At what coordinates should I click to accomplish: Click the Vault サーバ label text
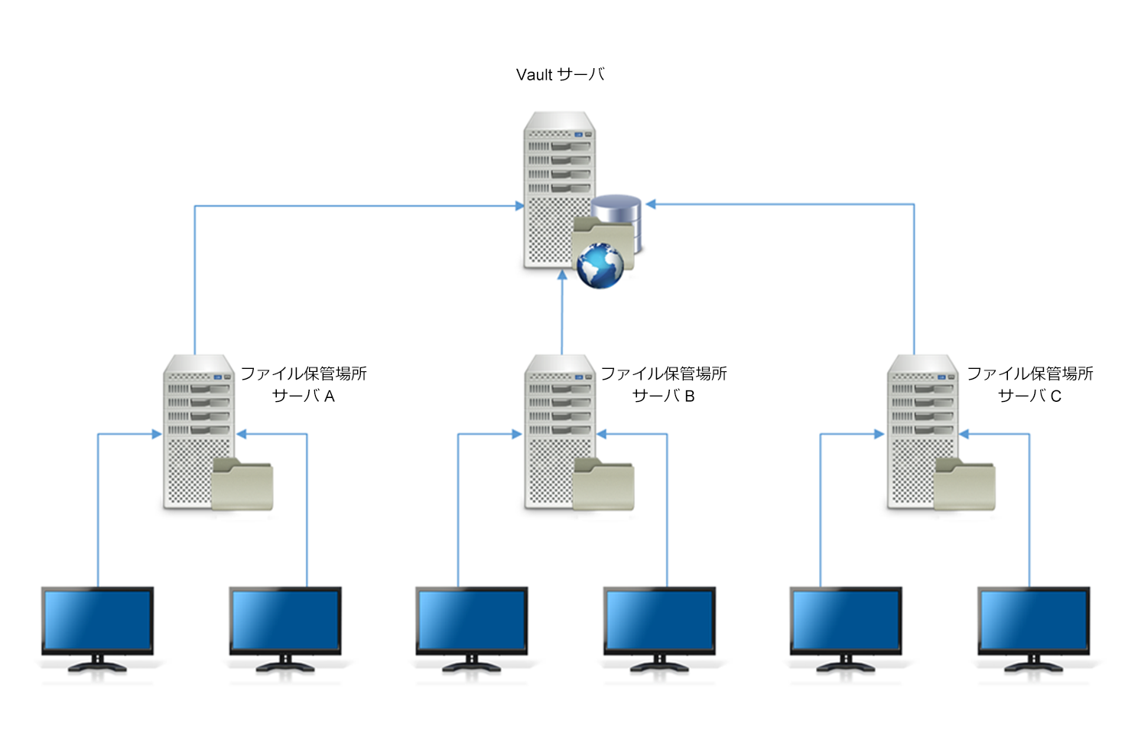coord(560,75)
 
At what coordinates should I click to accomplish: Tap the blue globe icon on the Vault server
coord(600,266)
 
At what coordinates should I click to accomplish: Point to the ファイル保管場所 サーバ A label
coord(304,384)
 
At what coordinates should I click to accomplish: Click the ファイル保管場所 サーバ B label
coord(664,384)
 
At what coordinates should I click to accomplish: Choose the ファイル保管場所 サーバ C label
coord(1029,384)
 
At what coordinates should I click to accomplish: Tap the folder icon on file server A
coord(242,485)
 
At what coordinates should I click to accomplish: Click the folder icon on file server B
coord(604,485)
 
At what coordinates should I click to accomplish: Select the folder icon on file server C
coord(965,485)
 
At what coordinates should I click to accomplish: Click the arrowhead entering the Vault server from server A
coord(519,206)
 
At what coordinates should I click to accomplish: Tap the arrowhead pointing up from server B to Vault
coord(562,275)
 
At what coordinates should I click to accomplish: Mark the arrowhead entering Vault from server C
coord(651,204)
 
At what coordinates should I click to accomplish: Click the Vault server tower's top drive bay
coord(570,146)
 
